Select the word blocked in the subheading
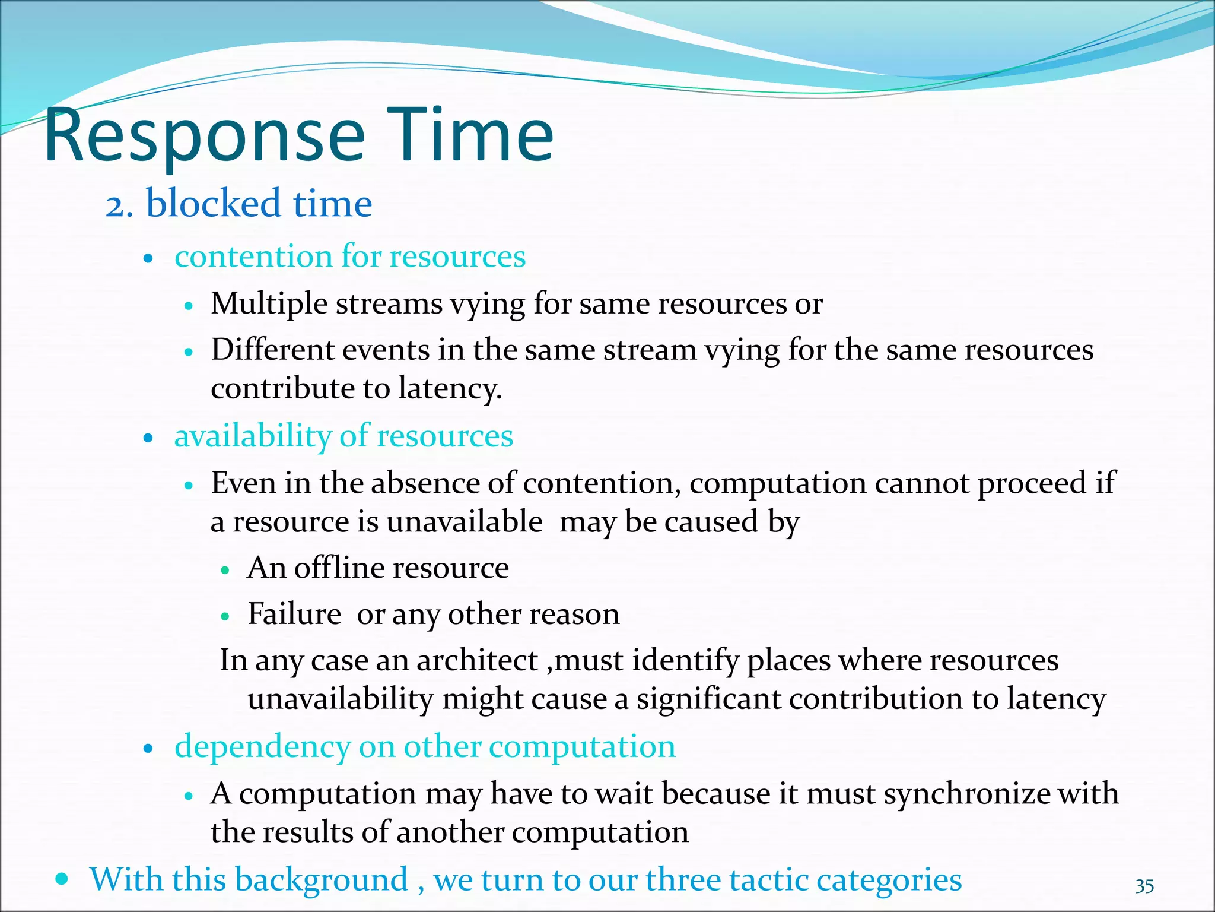(213, 203)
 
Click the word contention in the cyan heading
(253, 256)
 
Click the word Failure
(294, 614)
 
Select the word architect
(476, 660)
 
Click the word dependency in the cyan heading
(262, 747)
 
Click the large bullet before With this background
(61, 878)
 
